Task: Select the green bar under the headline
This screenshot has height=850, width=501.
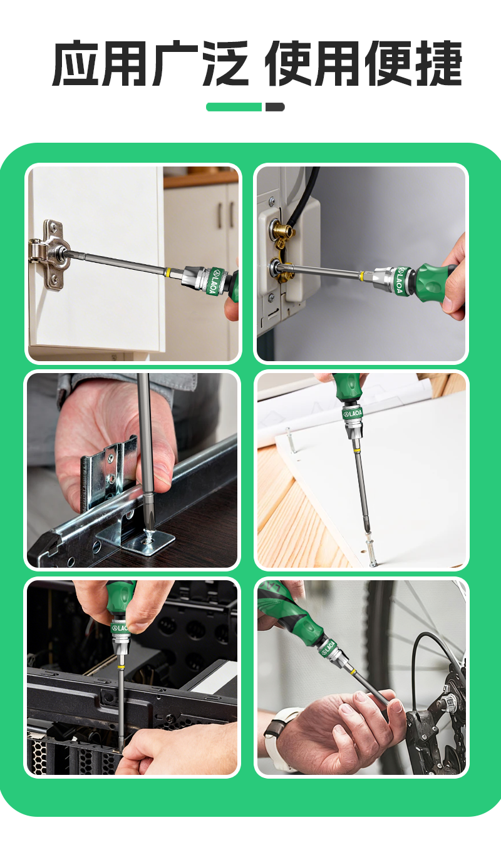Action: click(234, 107)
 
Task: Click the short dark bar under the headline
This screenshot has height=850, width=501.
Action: click(275, 107)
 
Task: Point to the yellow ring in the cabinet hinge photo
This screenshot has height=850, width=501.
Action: click(167, 272)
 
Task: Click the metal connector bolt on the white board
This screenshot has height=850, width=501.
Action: click(370, 550)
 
